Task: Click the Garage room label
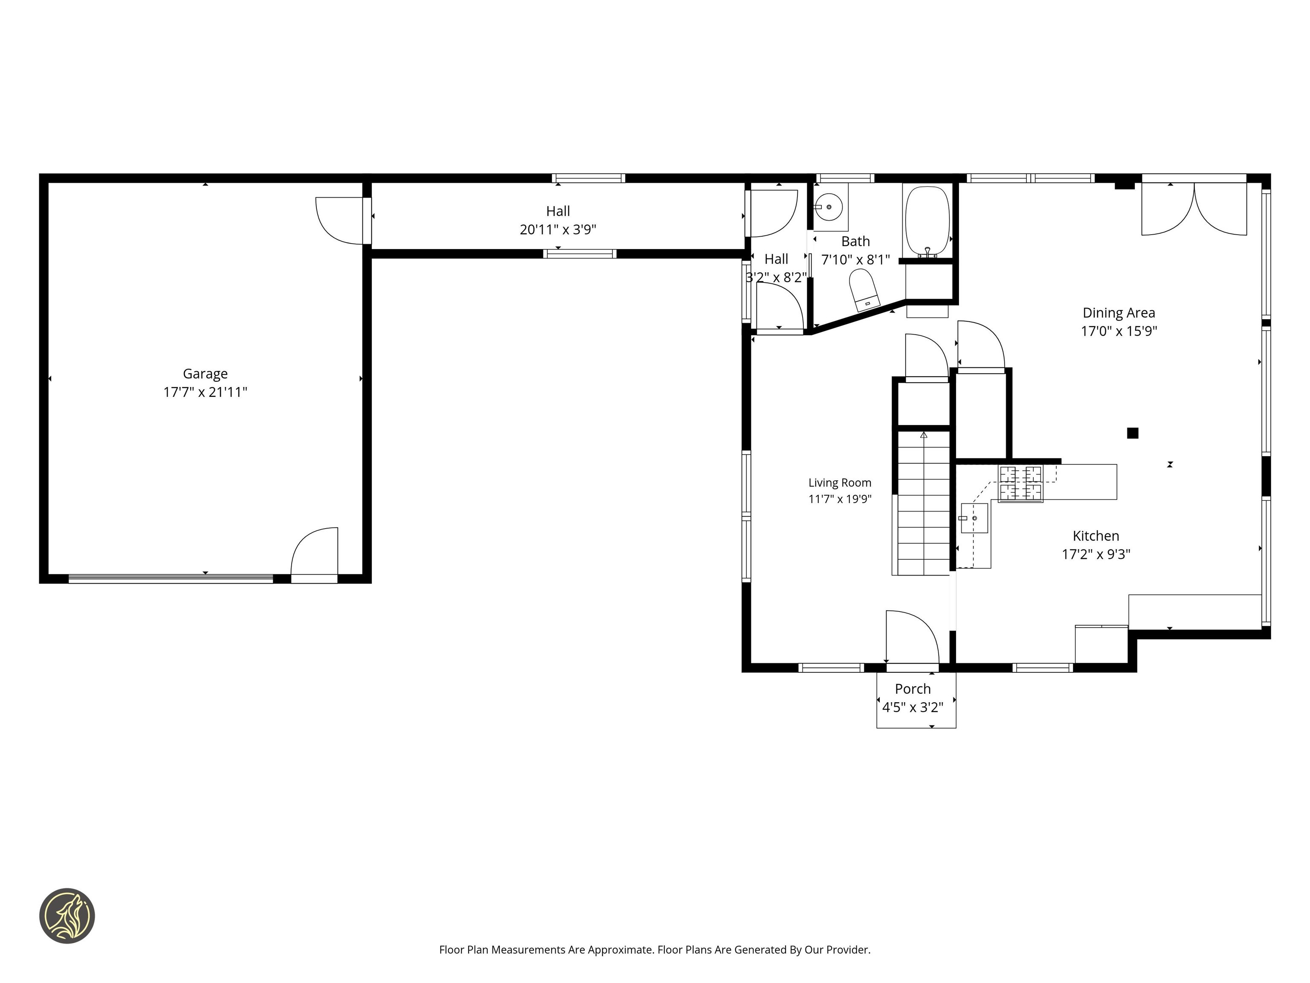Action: [x=205, y=374]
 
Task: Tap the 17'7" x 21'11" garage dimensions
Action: [x=205, y=392]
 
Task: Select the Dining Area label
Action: [x=1119, y=313]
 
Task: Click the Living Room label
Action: [x=840, y=483]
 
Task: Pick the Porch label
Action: [x=913, y=689]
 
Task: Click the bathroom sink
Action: [x=830, y=207]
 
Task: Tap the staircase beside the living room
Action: [x=923, y=503]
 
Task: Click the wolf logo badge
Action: [x=67, y=916]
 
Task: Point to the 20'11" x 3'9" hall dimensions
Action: [x=558, y=229]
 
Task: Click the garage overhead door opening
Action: [x=171, y=578]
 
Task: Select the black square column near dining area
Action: [x=1132, y=433]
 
